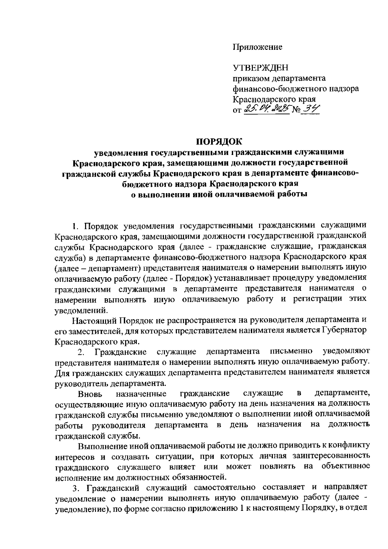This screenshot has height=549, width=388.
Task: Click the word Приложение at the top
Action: pyautogui.click(x=257, y=47)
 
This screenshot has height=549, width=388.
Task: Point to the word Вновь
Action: pyautogui.click(x=90, y=394)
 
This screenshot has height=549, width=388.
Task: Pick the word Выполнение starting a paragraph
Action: pyautogui.click(x=102, y=446)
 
